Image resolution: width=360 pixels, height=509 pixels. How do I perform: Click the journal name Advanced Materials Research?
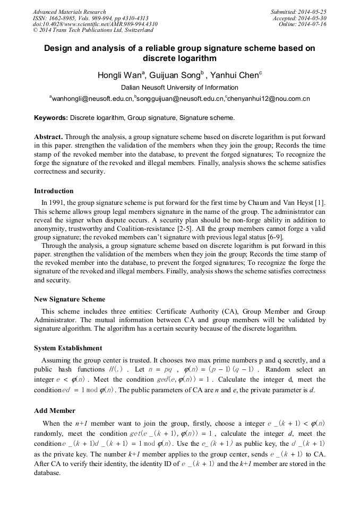coord(69,12)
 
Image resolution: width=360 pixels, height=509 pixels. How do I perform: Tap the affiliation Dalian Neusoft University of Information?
coord(179,88)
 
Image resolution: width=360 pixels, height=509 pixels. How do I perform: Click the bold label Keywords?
coord(51,118)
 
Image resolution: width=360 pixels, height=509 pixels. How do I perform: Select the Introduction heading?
coord(54,191)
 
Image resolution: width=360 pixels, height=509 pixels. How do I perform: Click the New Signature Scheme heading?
coord(70,299)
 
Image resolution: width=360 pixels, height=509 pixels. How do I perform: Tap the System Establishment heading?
coord(68,348)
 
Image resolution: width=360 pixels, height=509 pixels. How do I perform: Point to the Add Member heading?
coord(55,411)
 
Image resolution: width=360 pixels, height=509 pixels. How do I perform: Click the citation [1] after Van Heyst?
coord(320,202)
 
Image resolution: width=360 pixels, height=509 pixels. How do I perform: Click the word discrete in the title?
coord(158,58)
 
